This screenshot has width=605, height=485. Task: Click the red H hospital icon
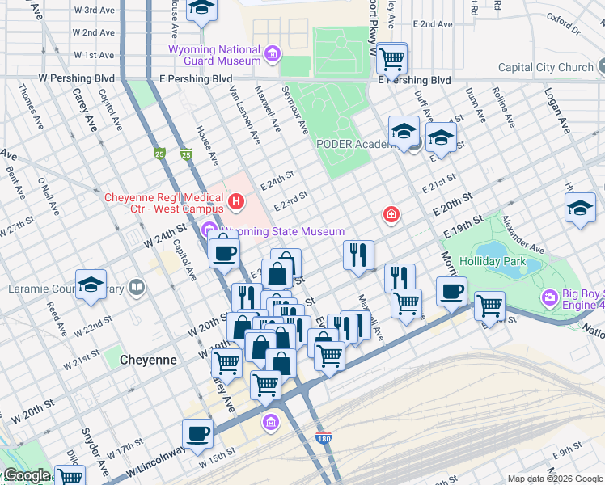point(236,200)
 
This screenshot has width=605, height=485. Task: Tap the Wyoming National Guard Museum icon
point(273,55)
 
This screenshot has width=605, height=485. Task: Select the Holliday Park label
point(493,261)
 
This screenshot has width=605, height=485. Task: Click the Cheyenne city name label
point(148,359)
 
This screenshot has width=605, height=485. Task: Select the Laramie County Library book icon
point(137,286)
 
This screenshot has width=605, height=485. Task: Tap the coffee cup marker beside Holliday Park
point(451,290)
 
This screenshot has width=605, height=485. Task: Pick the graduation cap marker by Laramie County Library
point(91,284)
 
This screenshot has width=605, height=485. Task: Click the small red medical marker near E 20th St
point(391,214)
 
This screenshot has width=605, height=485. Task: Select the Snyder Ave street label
point(102,458)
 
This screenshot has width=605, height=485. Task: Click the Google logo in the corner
point(26,475)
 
